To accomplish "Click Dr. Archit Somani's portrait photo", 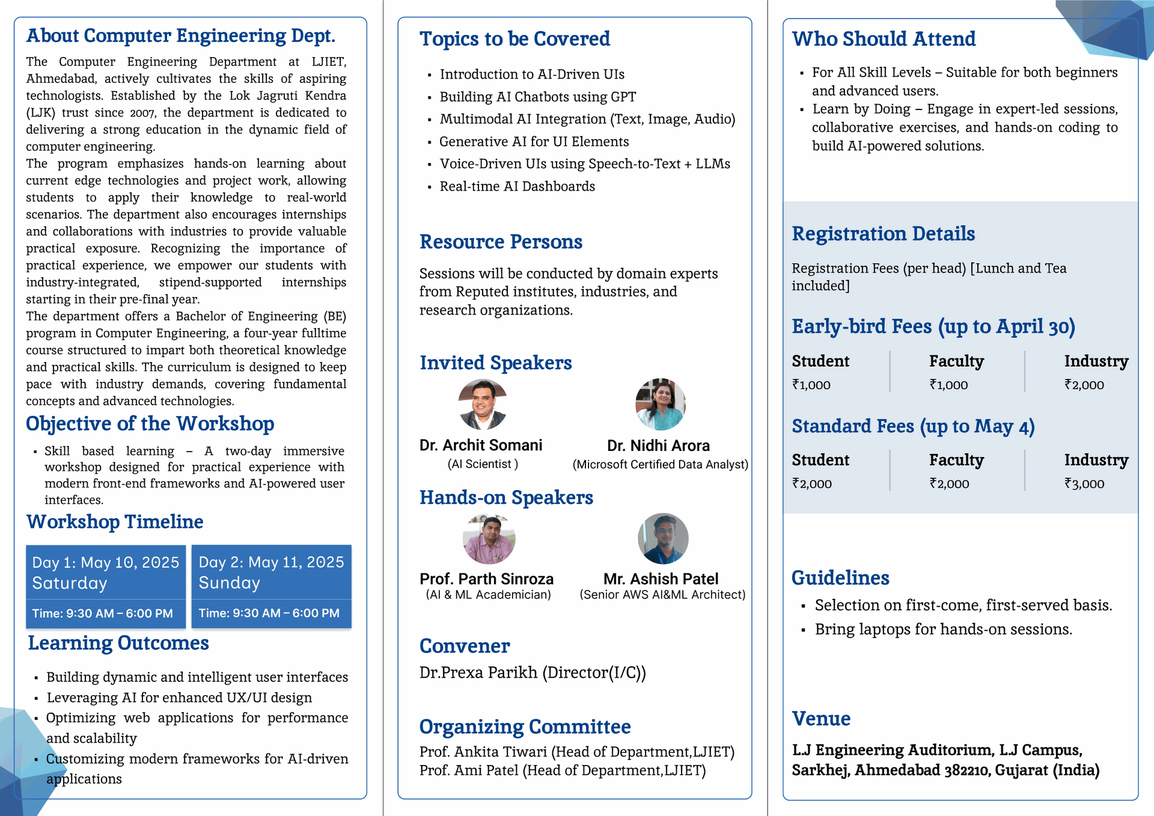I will [483, 404].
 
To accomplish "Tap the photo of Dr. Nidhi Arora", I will [660, 404].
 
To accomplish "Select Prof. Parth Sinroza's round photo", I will [489, 539].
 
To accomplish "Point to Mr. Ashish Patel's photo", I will [663, 539].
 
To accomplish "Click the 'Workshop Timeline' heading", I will [115, 521].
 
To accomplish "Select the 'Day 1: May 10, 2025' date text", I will [106, 562].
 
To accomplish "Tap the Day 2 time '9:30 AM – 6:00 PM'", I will [269, 613].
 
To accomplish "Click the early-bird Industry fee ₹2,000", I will [1084, 385].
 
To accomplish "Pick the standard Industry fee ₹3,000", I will [1084, 483].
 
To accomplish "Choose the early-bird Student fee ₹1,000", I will [811, 385].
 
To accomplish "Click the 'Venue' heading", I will [821, 719].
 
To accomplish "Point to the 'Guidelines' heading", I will [840, 578].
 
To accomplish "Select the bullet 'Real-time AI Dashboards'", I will [517, 186].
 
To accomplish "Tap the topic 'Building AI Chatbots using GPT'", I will [537, 97].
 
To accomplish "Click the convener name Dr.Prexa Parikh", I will [478, 672].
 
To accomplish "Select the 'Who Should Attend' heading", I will [884, 39].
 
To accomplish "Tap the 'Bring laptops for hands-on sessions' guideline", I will [943, 630].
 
